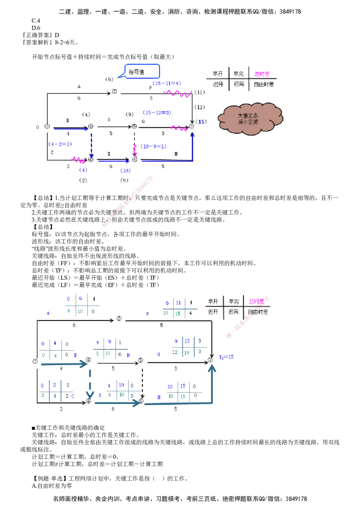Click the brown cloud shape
251,118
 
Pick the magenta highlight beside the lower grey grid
258,301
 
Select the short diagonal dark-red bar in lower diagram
241,323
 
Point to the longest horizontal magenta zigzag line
179,94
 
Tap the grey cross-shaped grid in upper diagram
238,79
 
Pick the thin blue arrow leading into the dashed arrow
72,130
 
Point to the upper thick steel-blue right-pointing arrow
63,363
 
